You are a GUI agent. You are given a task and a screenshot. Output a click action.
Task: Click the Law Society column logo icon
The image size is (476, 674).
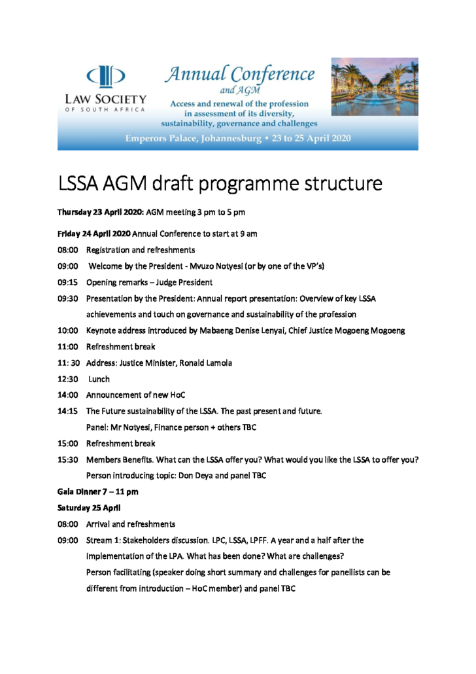(x=106, y=75)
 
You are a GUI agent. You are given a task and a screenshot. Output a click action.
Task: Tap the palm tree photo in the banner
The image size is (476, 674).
(x=374, y=86)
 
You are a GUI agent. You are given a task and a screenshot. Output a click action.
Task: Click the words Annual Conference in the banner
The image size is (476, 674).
(x=239, y=73)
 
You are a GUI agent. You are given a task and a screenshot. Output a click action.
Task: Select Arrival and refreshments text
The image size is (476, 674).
(x=130, y=524)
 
